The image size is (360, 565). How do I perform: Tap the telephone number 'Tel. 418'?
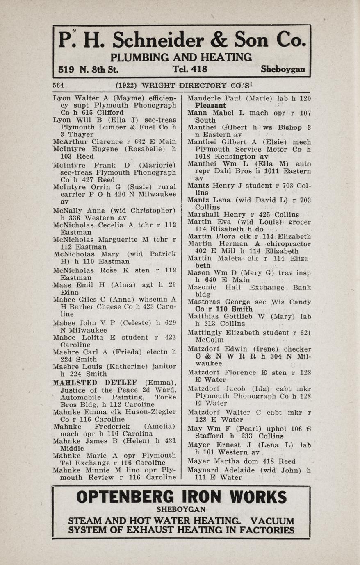click(x=190, y=69)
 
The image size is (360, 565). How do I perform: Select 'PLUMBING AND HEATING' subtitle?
click(x=181, y=57)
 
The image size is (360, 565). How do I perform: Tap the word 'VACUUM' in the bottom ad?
click(x=272, y=521)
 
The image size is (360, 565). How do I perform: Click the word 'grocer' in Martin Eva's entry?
click(x=299, y=222)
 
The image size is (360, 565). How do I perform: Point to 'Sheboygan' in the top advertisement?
click(x=283, y=69)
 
